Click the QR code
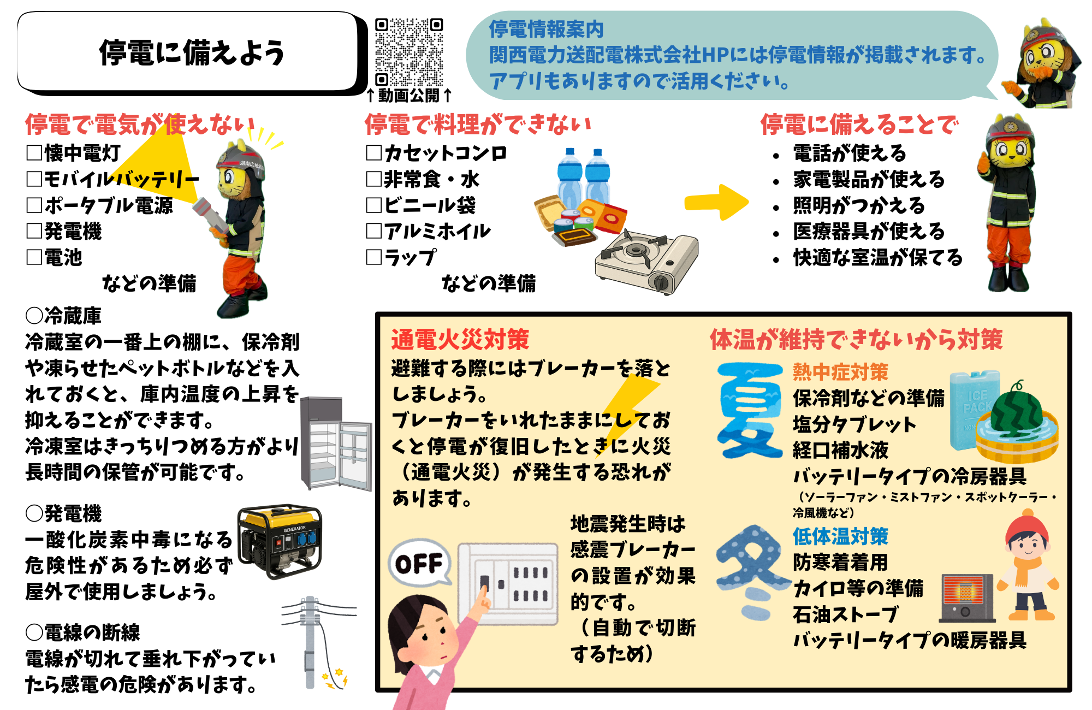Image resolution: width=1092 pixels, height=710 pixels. [409, 52]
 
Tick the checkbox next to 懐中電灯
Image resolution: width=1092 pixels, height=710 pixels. [34, 152]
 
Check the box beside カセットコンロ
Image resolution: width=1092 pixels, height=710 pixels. [374, 152]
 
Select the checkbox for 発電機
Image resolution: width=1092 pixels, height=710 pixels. [34, 230]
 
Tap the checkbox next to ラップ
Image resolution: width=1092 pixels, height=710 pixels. [374, 257]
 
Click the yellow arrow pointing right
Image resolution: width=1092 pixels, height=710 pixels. [716, 202]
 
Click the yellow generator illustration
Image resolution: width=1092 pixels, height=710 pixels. [280, 541]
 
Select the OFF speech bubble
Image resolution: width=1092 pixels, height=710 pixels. [419, 563]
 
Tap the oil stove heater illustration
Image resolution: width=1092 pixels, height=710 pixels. [967, 598]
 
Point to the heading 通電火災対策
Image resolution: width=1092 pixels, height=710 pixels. [460, 339]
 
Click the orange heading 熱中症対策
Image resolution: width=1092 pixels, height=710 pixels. [840, 372]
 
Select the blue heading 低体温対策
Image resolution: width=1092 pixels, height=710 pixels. [840, 536]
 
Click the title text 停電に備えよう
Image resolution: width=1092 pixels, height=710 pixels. [192, 53]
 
